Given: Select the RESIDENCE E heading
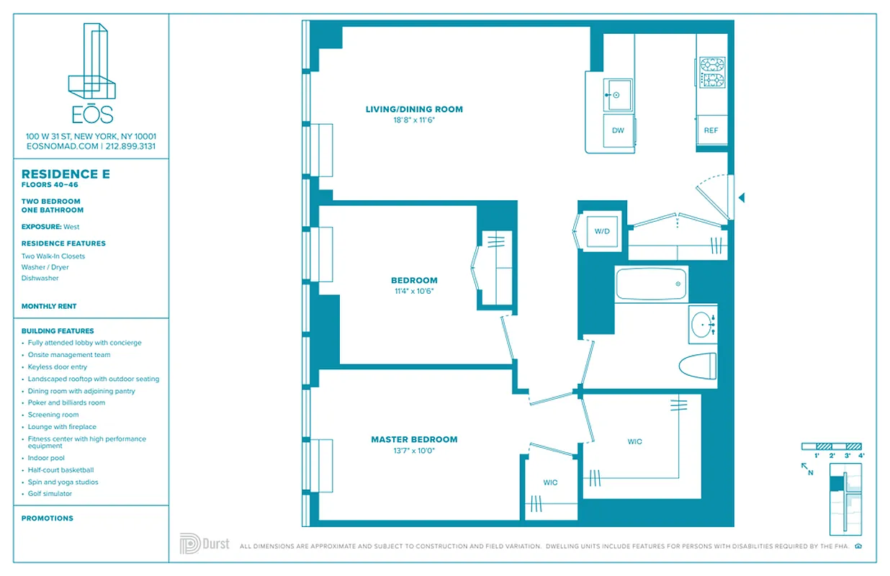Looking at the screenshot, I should (60, 174).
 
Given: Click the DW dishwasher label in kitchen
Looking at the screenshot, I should (618, 130).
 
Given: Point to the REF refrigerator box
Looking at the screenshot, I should (711, 130).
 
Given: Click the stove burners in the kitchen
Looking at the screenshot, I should (712, 71).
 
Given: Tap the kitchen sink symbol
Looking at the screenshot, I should (617, 94).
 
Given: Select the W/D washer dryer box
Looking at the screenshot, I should (602, 232).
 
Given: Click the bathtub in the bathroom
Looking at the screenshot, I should (652, 284).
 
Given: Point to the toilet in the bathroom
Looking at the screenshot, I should (698, 364).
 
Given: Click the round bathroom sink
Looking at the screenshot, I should (702, 325).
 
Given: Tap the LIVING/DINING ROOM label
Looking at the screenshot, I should (414, 109).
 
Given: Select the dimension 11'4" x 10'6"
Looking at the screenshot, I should (414, 292).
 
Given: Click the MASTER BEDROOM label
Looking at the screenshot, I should (414, 439).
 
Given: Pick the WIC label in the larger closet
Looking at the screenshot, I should (634, 441).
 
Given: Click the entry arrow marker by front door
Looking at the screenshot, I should (742, 197).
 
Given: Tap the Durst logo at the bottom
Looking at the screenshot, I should (204, 544).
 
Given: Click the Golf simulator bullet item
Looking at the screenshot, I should (50, 494).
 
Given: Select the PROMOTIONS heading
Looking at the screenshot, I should (48, 518).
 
